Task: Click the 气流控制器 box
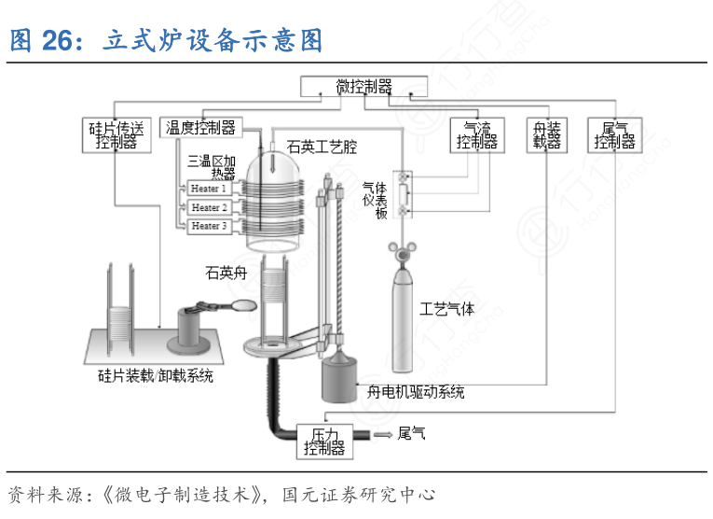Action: pos(476,135)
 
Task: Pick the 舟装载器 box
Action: pos(546,135)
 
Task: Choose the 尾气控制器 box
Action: pos(615,135)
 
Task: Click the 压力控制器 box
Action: pos(323,442)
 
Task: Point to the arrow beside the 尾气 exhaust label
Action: pos(382,434)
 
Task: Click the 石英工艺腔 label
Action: pos(322,147)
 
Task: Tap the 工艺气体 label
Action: pos(446,309)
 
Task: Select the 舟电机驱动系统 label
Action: pos(417,392)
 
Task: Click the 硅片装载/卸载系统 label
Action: pos(156,377)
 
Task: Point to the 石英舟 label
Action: pos(226,273)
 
